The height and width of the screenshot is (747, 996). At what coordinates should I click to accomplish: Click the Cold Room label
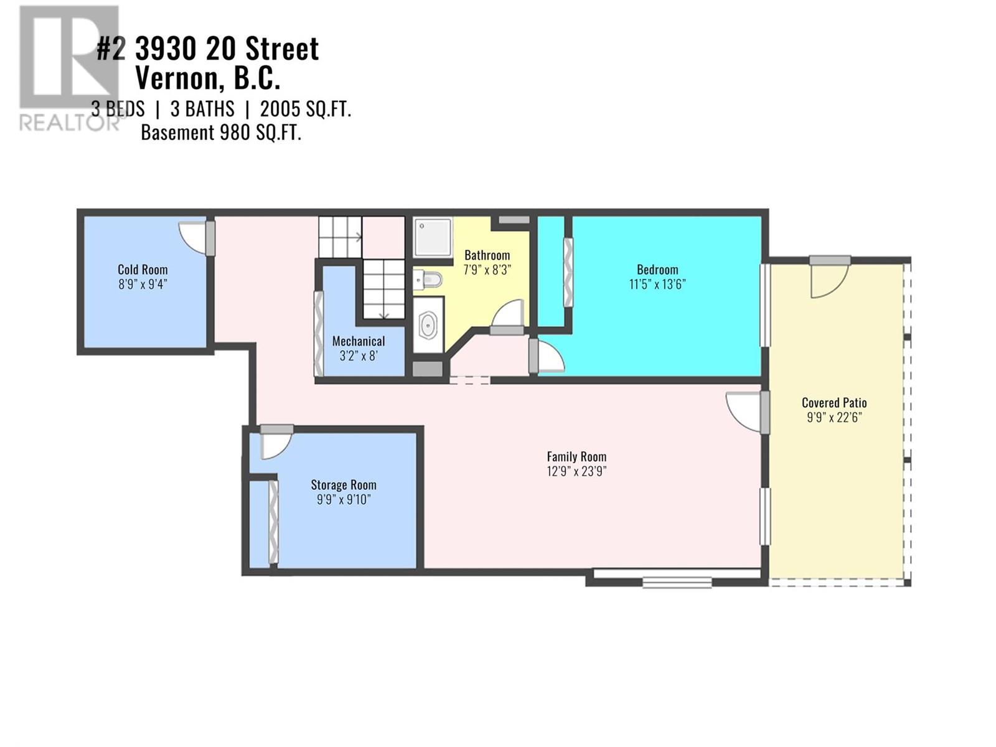[143, 270]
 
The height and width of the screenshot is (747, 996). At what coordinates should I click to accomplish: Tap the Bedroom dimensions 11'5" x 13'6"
[657, 284]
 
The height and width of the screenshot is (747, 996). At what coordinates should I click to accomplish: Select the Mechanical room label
[358, 341]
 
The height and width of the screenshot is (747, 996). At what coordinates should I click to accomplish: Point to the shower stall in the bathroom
[432, 237]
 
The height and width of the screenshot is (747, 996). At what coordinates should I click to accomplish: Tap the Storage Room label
[344, 485]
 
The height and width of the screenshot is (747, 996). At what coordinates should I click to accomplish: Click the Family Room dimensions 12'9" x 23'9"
[576, 471]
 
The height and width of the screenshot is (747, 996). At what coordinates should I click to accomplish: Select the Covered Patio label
[834, 403]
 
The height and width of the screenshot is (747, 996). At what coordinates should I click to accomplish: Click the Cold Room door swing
[193, 238]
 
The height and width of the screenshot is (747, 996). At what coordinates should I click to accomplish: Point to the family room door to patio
[746, 411]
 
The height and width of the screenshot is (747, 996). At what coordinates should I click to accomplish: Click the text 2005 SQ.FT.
[306, 110]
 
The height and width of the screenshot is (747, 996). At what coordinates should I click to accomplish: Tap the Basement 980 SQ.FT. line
[221, 133]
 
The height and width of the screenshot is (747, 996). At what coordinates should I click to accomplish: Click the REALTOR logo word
[68, 123]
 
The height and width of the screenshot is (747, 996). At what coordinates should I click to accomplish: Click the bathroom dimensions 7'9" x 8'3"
[487, 270]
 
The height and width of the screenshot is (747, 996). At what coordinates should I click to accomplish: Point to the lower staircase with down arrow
[384, 289]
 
